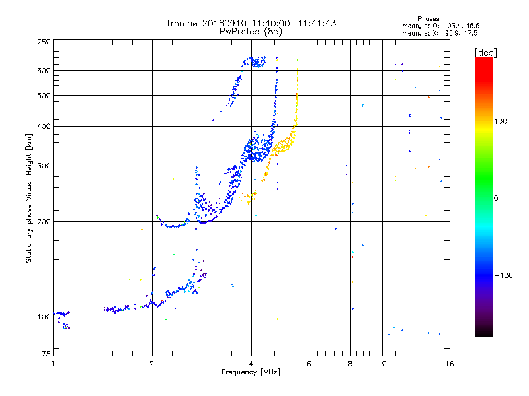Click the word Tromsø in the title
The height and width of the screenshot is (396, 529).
point(182,23)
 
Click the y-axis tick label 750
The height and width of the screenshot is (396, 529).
point(44,41)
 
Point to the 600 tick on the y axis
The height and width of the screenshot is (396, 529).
point(44,70)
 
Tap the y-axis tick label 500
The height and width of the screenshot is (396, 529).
point(44,95)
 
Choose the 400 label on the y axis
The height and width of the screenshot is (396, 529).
point(44,126)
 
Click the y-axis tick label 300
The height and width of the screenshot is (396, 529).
point(44,166)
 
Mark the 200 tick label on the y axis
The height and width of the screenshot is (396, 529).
point(44,221)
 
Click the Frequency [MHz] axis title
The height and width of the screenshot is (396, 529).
point(251,373)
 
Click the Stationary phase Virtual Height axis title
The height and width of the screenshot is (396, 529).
point(29,198)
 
